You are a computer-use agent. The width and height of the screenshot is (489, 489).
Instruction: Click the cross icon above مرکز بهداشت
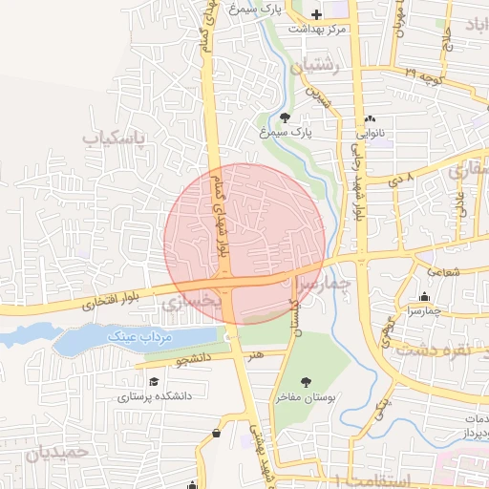click(316, 14)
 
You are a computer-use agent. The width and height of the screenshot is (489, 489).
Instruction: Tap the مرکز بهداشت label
click(317, 30)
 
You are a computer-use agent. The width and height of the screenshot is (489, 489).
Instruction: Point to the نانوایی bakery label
click(370, 135)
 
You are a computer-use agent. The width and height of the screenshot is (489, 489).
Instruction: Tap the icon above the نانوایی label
click(370, 119)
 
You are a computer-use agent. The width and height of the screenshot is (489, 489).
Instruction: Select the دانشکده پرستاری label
click(155, 395)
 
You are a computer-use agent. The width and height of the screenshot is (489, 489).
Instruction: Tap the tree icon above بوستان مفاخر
click(306, 382)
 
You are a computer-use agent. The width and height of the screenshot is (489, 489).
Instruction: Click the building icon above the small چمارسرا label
click(424, 296)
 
